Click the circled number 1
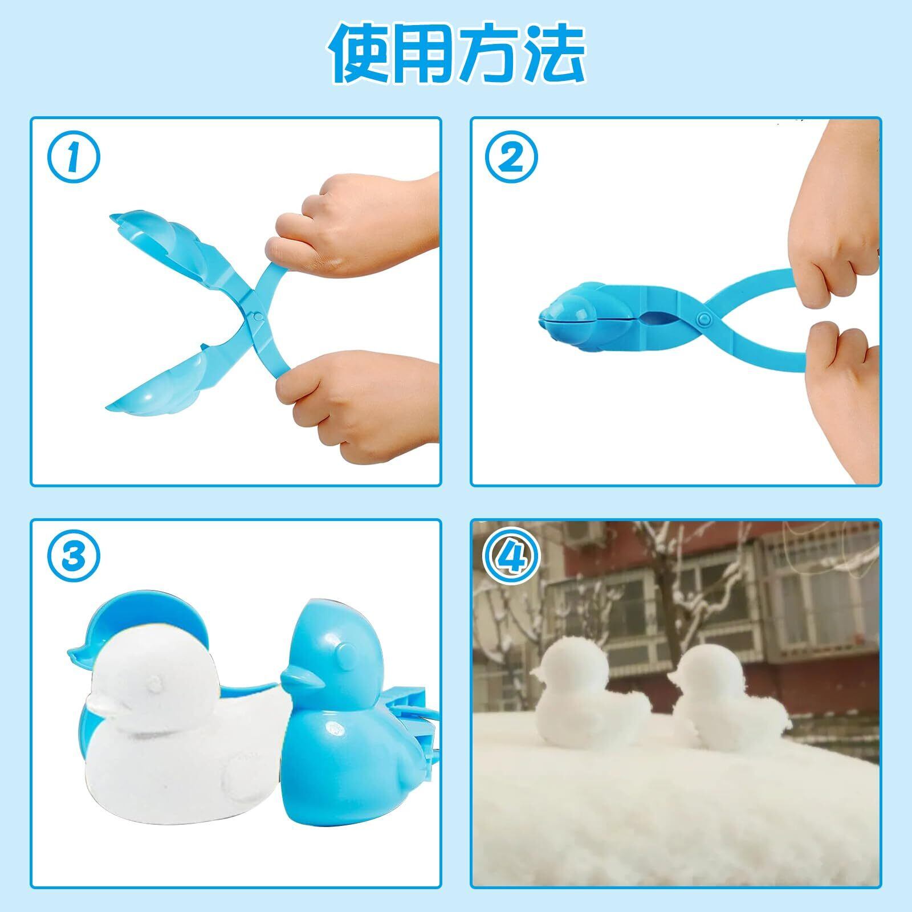pos(72,157)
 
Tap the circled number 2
pos(512,157)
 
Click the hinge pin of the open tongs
pos(258,315)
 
